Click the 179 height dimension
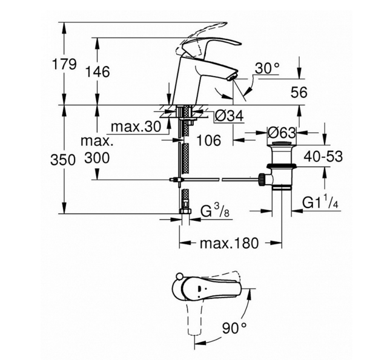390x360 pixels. coord(64,64)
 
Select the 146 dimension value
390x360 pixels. coord(97,72)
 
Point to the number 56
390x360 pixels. coord(299,93)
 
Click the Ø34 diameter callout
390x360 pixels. coord(229,116)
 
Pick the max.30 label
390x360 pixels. coord(136,126)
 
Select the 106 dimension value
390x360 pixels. coord(209,140)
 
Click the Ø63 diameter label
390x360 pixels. coord(282,133)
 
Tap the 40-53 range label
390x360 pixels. coord(323,157)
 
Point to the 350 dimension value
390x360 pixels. coord(63,160)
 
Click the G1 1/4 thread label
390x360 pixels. coord(320,202)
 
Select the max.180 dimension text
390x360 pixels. coord(229,243)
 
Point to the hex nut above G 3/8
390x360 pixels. coord(185,211)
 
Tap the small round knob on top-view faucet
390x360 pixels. coord(178,277)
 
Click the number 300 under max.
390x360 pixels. coord(97,158)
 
